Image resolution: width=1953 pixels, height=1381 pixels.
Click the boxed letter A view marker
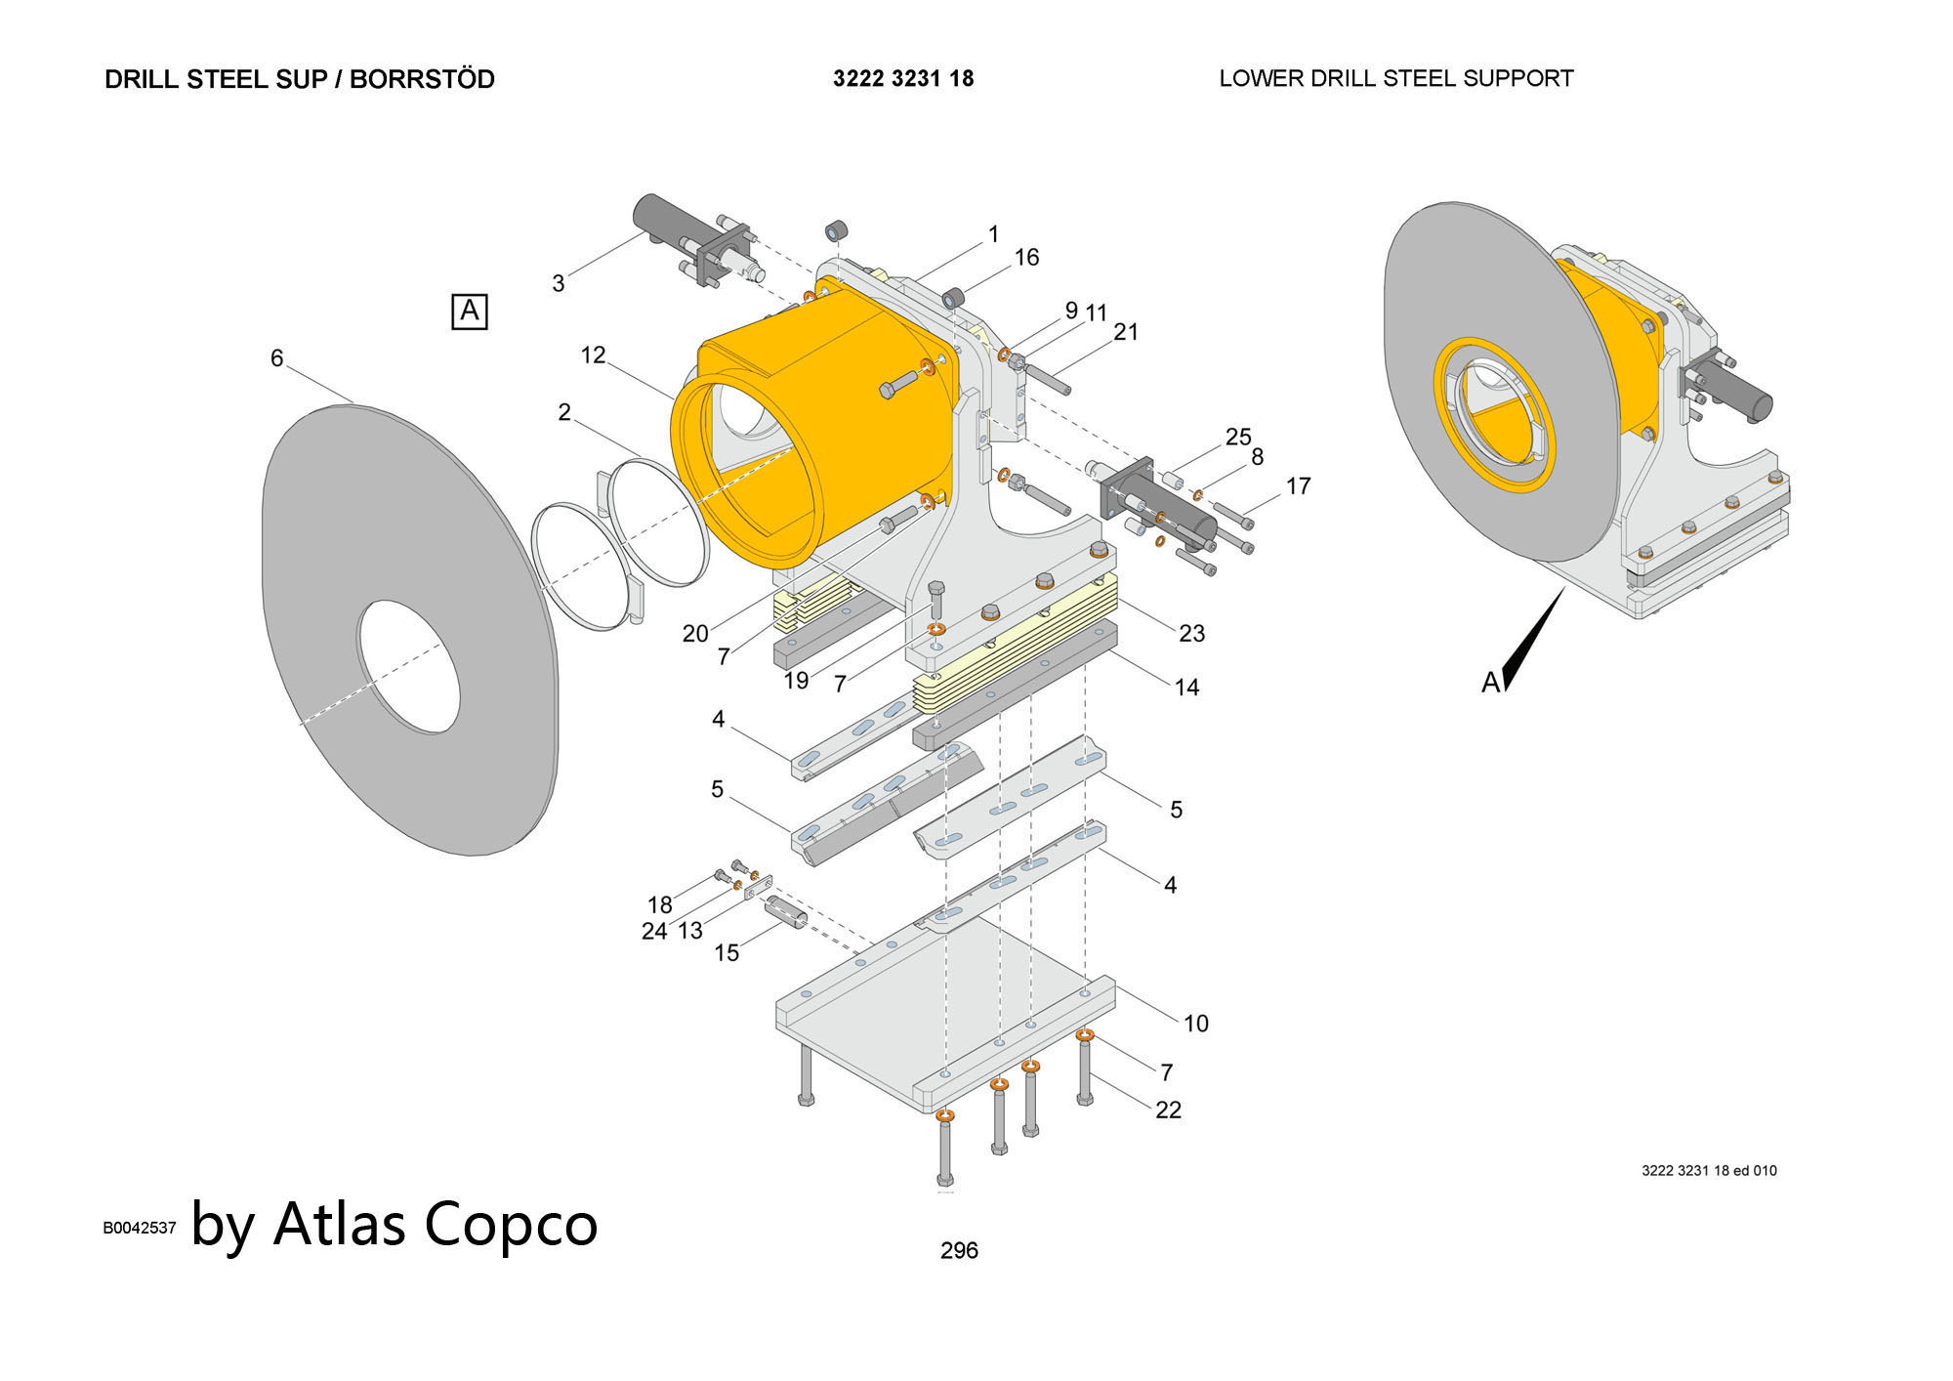coord(470,312)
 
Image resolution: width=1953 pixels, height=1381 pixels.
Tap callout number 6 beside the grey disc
coord(276,358)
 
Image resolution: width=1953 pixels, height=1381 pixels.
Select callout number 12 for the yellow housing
coord(593,355)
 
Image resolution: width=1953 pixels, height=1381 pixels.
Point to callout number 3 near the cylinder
coord(558,283)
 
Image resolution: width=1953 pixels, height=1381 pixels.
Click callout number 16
coord(1026,257)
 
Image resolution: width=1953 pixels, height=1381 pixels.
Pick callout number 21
coord(1126,332)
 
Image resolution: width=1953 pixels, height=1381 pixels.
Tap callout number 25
coord(1238,436)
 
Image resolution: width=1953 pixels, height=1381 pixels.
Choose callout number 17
coord(1298,485)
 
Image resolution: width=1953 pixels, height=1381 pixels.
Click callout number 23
coord(1191,633)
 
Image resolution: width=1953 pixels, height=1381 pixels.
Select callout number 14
coord(1186,687)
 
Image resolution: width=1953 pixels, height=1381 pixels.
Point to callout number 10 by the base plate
coord(1196,1023)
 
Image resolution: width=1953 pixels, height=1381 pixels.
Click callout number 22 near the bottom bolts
coord(1168,1109)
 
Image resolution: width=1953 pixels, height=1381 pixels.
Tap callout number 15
coord(727,952)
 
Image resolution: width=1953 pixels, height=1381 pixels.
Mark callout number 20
coord(695,633)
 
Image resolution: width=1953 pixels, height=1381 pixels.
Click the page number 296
coord(959,1250)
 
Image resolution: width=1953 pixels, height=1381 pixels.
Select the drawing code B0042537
coord(140,1228)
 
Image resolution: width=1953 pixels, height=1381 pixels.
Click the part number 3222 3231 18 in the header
coord(903,78)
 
